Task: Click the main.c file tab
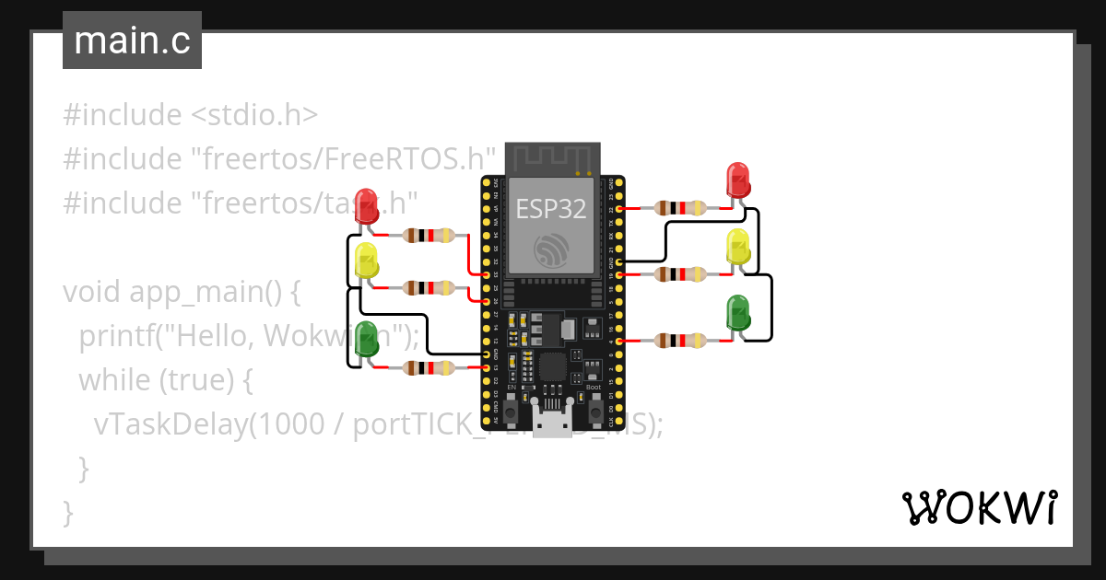(x=132, y=41)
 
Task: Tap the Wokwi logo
(x=978, y=507)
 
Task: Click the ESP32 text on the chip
(x=550, y=209)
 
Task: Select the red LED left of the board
(x=367, y=206)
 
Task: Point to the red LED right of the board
(x=737, y=180)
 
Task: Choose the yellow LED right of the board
(x=737, y=246)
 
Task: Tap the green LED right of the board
(x=737, y=313)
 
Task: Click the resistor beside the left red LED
(x=429, y=236)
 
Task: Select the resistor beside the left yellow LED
(x=429, y=288)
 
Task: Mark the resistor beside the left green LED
(x=429, y=368)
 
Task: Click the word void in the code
(x=92, y=293)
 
